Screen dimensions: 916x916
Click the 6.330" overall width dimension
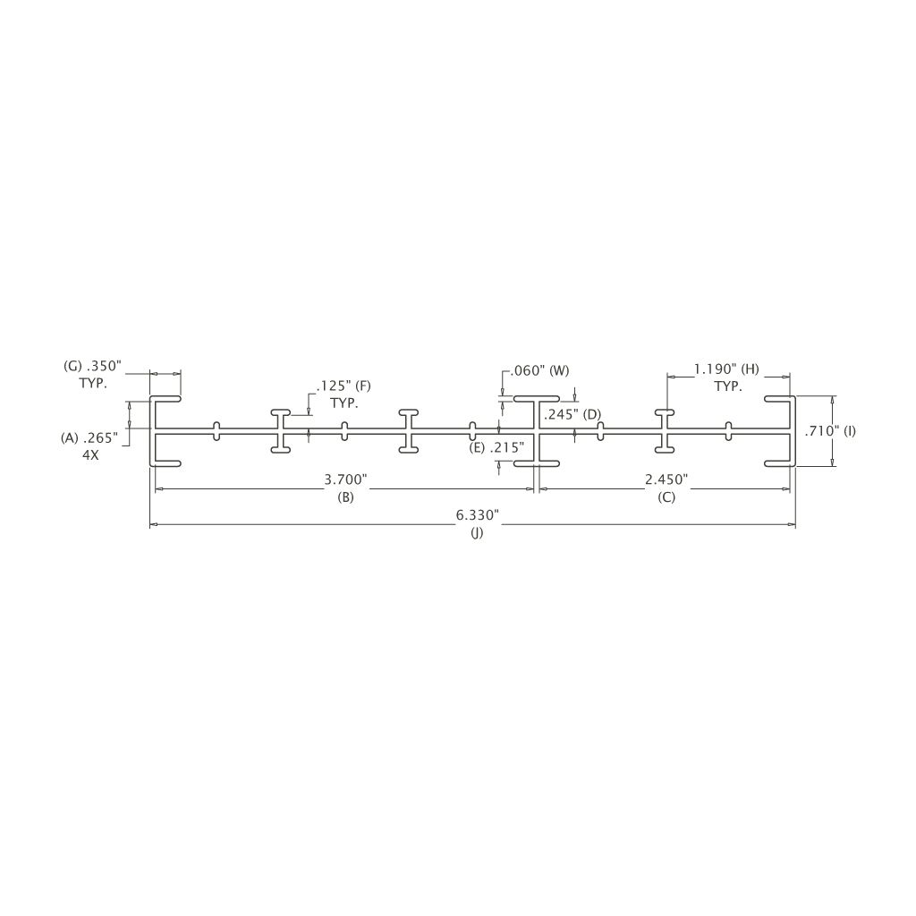[x=478, y=515]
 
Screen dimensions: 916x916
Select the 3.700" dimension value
[x=346, y=479]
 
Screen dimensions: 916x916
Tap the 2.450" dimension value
[x=666, y=479]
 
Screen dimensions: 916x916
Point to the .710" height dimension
[x=821, y=432]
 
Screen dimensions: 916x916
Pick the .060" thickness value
[x=529, y=370]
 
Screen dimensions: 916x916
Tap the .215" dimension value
[x=506, y=448]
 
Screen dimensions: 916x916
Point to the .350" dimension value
[x=104, y=366]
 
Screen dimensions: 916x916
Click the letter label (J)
[x=478, y=533]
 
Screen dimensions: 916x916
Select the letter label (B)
[x=346, y=497]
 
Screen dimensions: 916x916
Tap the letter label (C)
[x=666, y=497]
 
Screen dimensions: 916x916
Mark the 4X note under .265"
[x=90, y=455]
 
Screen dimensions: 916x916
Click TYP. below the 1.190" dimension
[x=728, y=386]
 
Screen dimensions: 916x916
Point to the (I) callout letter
[x=850, y=432]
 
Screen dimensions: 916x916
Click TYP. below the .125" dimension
[x=344, y=403]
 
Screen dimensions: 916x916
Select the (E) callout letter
[x=478, y=448]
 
